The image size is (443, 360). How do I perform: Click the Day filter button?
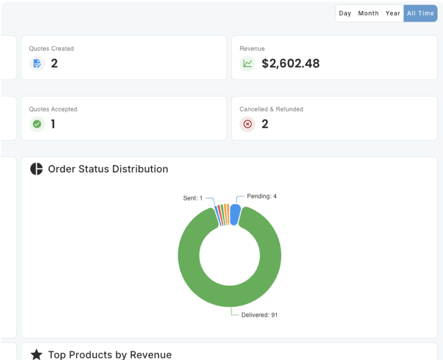pos(345,13)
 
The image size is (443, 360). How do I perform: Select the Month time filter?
pos(368,13)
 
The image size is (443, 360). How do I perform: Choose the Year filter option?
pos(393,13)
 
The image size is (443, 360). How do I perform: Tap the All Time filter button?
pos(420,13)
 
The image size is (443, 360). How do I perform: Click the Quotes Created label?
pos(51,49)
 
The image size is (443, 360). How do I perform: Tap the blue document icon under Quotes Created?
pos(37,63)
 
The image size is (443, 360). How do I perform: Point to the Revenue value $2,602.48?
pos(291,63)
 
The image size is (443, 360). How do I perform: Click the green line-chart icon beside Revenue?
pos(247,63)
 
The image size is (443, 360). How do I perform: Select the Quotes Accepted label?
pos(53,109)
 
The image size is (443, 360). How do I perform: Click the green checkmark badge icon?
pos(37,124)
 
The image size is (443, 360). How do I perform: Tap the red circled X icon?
pos(247,124)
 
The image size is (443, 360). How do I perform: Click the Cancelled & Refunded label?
pos(271,109)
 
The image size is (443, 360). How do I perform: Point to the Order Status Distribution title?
pos(108,169)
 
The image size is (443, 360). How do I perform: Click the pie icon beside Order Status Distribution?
pos(36,169)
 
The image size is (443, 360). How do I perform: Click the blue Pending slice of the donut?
pos(235,215)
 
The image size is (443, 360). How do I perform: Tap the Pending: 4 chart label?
pos(262,196)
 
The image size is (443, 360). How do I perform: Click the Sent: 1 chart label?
pos(193,198)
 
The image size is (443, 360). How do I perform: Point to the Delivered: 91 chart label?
pos(259,315)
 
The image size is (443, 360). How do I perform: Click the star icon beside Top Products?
pos(36,354)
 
